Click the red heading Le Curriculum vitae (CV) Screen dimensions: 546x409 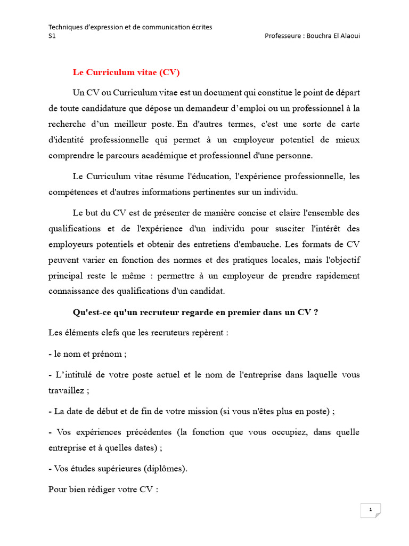[130, 72]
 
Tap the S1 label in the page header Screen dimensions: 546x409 [52, 36]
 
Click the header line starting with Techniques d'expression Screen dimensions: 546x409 [130, 27]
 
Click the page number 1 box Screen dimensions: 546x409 [370, 510]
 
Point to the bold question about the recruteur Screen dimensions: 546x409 [195, 312]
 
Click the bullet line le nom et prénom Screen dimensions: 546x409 [87, 354]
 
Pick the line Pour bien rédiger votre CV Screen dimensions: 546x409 [103, 489]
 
